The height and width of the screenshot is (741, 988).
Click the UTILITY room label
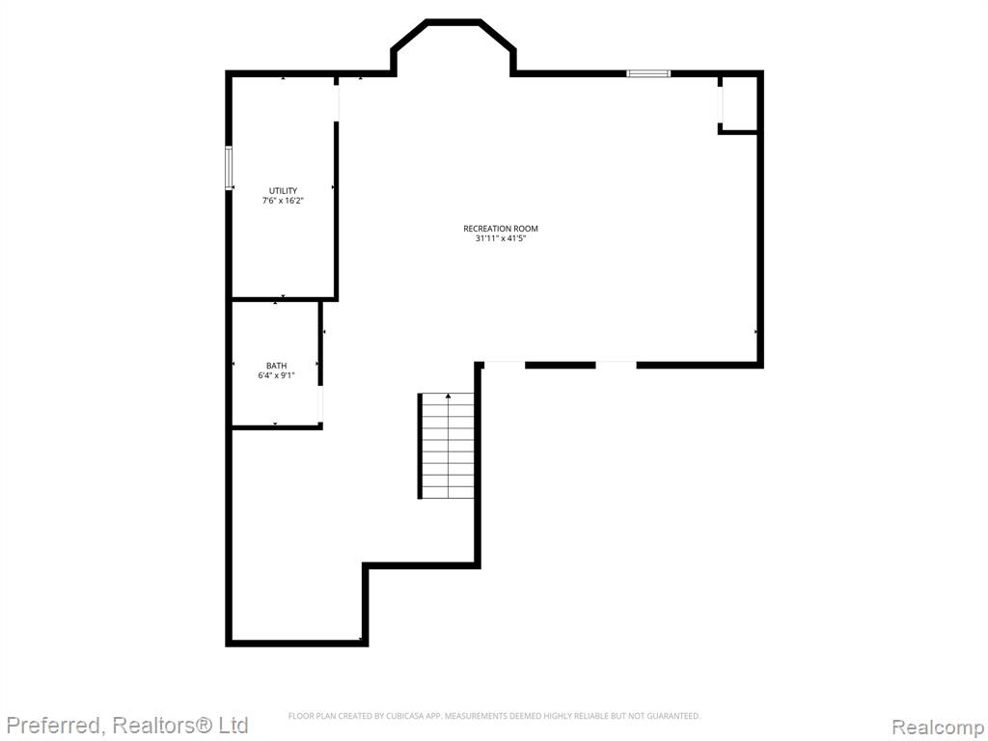click(283, 191)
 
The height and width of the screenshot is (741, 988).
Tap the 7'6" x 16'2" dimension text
click(283, 201)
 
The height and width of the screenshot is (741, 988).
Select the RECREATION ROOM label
click(501, 229)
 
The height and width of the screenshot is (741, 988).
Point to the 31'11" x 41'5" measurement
click(501, 239)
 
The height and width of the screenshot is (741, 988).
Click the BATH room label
click(276, 366)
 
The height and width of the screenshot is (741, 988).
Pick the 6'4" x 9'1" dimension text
click(276, 375)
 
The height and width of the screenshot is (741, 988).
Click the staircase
click(446, 446)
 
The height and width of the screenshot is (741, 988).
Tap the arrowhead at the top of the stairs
click(448, 397)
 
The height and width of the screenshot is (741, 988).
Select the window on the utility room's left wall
click(229, 167)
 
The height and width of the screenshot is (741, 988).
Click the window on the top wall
click(648, 73)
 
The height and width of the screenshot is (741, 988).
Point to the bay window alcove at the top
click(453, 48)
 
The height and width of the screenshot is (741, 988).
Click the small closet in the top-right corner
click(739, 104)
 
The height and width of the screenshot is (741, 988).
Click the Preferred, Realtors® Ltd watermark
click(127, 725)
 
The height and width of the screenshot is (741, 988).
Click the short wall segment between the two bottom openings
click(561, 365)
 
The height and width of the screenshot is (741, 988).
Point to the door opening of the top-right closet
click(720, 104)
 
